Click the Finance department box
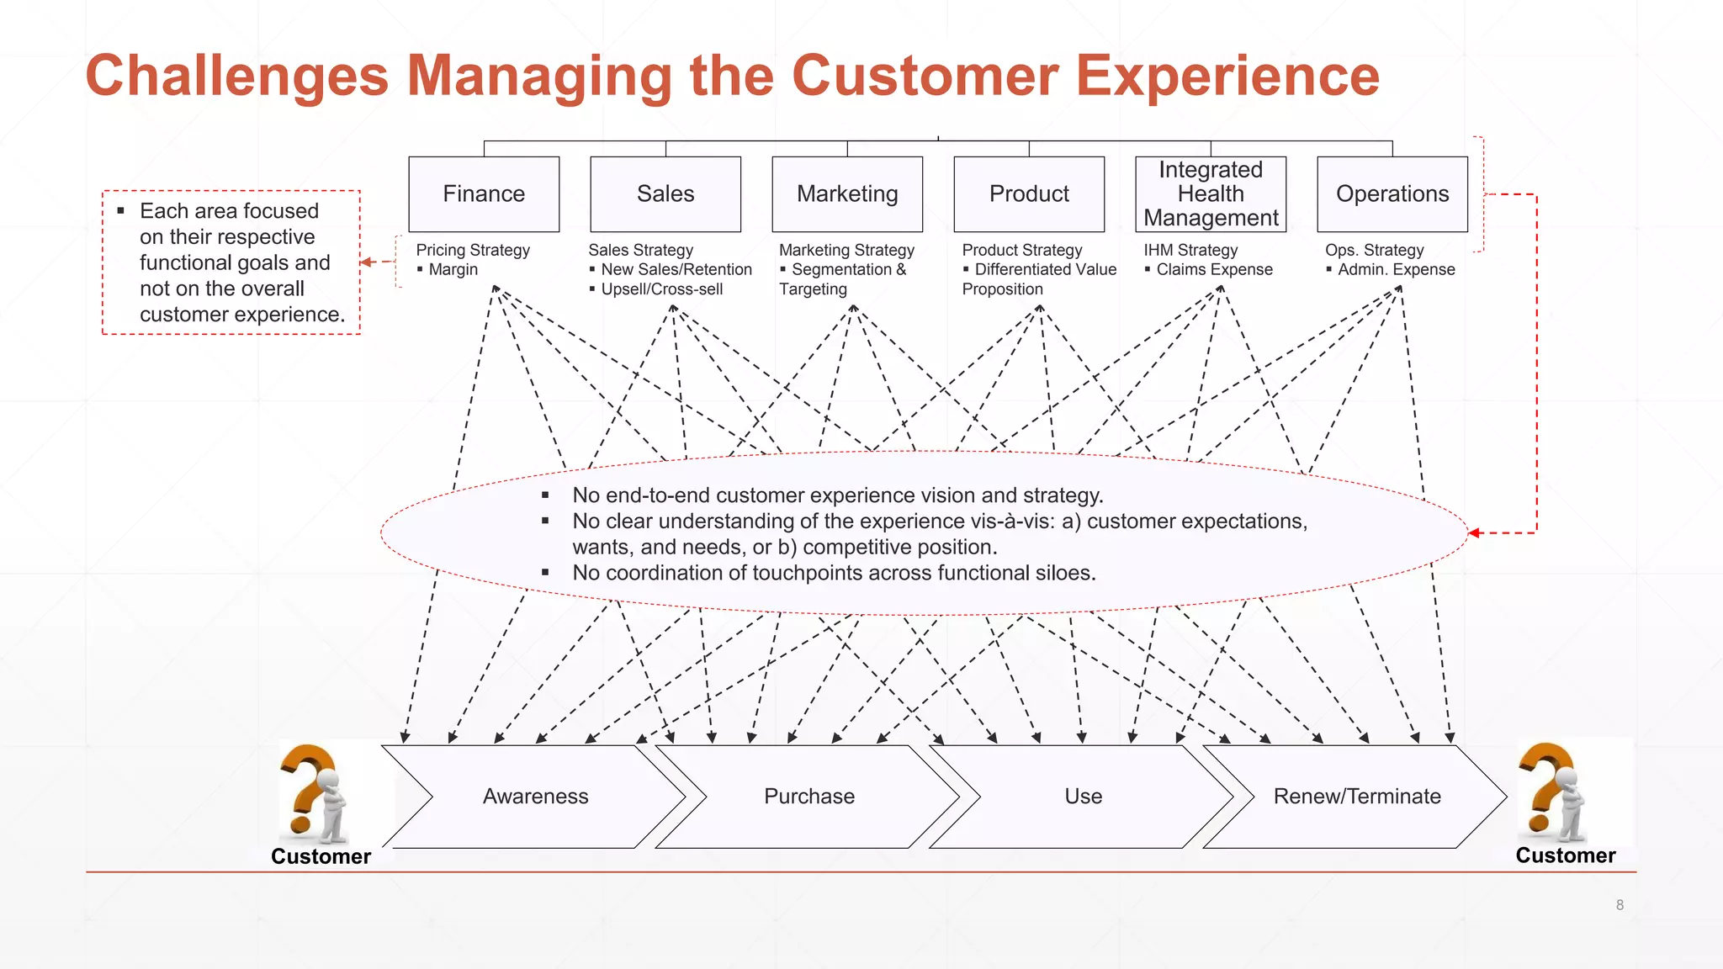484,194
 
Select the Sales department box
665,194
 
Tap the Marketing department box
847,194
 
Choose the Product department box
1029,194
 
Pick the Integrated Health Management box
1211,194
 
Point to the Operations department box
1392,194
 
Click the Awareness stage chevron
535,797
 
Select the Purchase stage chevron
808,797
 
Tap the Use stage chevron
1083,797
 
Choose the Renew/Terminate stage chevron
1356,797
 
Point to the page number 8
1620,905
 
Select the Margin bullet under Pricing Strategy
453,270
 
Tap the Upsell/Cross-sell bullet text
661,289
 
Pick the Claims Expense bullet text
1214,270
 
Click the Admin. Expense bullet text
1396,270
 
